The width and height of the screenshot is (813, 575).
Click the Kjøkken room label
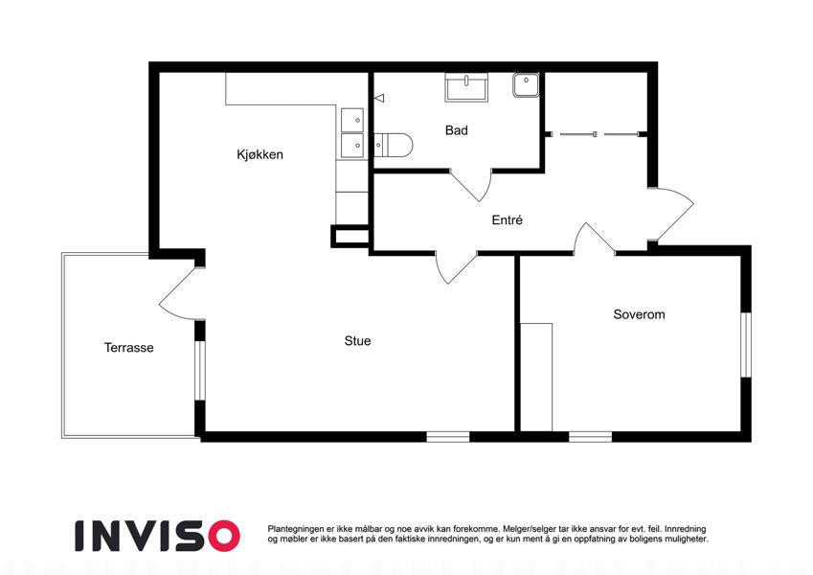[260, 154]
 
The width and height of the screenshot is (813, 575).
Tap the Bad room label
[456, 130]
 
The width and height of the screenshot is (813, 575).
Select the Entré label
[508, 220]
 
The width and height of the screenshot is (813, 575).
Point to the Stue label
[357, 341]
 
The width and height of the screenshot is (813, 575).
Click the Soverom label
[639, 314]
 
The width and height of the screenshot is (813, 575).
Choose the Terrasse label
[128, 348]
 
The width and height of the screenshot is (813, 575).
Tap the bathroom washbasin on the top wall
[466, 86]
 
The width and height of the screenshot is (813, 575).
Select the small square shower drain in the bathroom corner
[526, 85]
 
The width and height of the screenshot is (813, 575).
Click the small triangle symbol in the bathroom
[379, 98]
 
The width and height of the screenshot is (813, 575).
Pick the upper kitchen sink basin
[352, 120]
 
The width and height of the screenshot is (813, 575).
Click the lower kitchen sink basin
[352, 146]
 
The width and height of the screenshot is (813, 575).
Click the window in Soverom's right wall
[746, 345]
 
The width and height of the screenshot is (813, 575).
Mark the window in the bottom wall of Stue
[448, 437]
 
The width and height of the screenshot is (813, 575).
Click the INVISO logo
[158, 536]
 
